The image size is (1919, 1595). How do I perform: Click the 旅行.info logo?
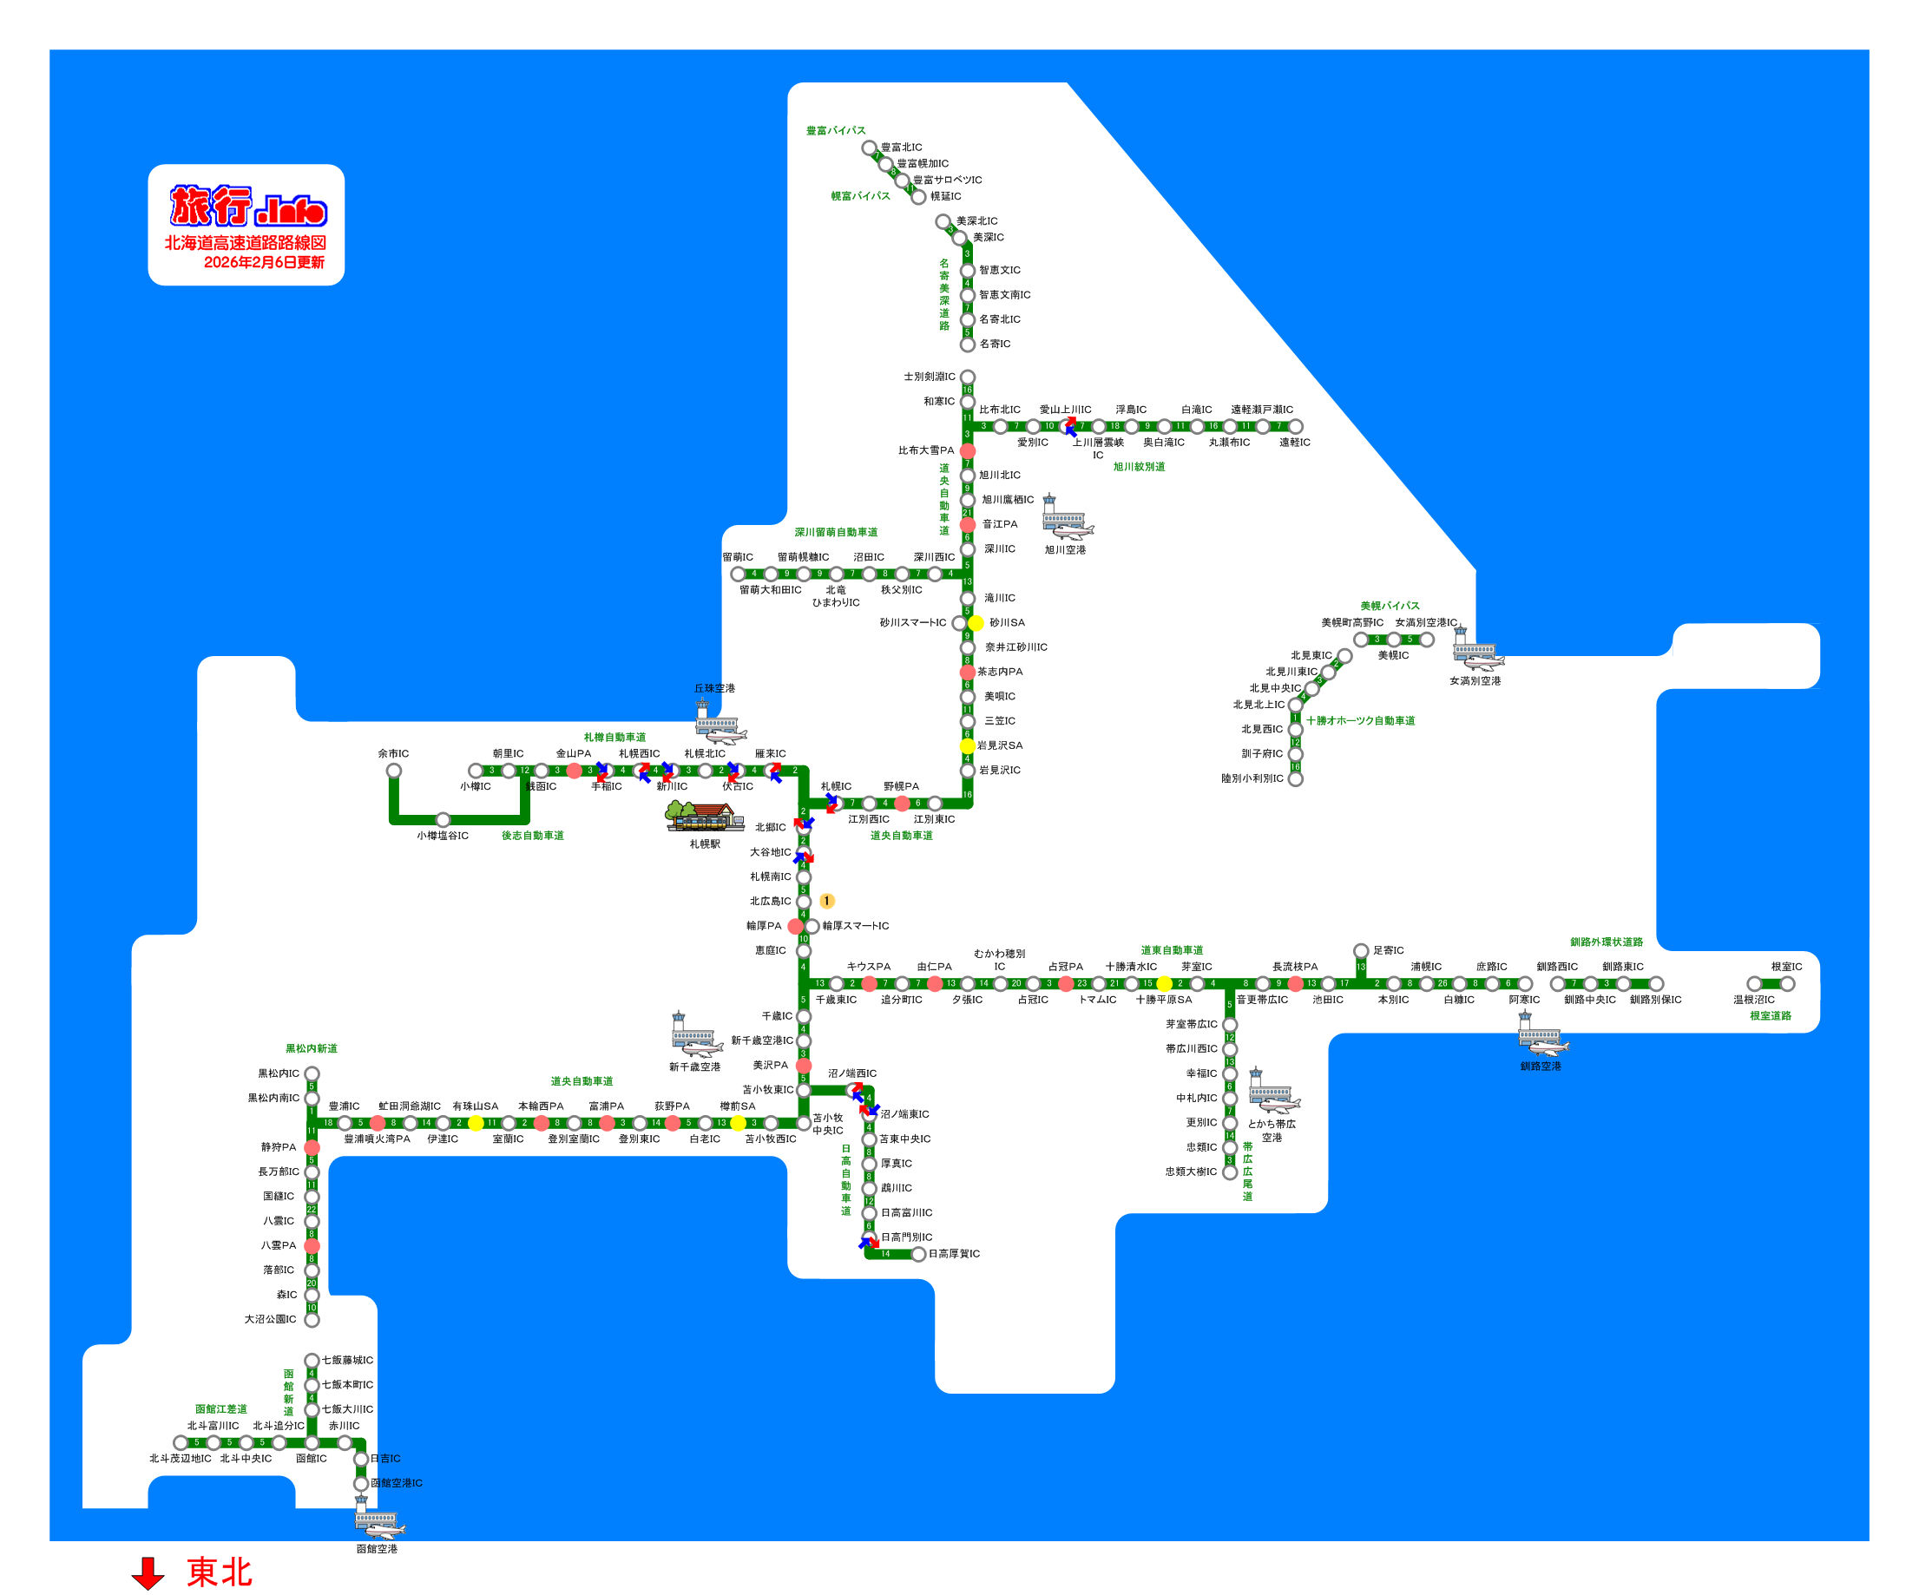(247, 206)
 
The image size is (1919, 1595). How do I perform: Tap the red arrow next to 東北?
(148, 1573)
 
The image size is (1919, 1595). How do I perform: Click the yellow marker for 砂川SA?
(976, 623)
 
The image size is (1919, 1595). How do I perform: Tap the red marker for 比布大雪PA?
(968, 451)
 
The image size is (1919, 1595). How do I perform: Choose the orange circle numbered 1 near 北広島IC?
(826, 902)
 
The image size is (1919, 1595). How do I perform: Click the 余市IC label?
(393, 753)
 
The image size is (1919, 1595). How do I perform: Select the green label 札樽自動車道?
(614, 738)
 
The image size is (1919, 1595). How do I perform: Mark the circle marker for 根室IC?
(1786, 984)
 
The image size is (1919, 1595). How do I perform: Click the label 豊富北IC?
(901, 147)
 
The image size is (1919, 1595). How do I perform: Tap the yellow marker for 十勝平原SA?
(1164, 984)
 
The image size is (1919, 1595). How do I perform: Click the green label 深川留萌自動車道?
(835, 533)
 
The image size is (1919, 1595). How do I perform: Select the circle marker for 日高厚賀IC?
(918, 1254)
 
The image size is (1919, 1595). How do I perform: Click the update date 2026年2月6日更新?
(263, 262)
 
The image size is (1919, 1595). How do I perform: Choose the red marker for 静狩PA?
(312, 1147)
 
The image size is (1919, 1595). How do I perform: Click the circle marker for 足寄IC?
(1361, 951)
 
